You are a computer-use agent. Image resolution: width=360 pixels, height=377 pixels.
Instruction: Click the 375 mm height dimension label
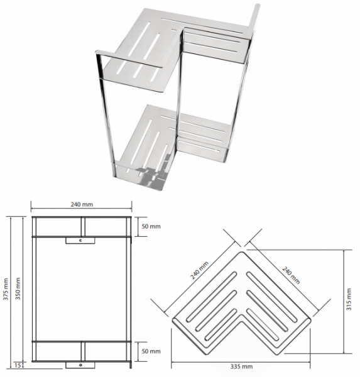pos(6,289)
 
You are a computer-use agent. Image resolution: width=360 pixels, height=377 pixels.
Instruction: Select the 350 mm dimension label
pos(18,288)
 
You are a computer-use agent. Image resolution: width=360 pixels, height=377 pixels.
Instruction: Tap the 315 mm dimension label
pos(349,300)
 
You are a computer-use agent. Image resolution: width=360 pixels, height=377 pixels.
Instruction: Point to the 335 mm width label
pos(241,367)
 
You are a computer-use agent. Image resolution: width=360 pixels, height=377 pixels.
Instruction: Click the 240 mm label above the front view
pos(82,204)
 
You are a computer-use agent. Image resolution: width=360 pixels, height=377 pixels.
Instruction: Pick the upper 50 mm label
pos(151,226)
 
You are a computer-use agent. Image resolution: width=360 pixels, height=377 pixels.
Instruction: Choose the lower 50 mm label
pos(151,351)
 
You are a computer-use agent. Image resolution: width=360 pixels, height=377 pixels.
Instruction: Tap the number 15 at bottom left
pos(17,366)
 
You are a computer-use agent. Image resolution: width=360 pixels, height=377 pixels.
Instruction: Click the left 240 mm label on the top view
pos(199,270)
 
